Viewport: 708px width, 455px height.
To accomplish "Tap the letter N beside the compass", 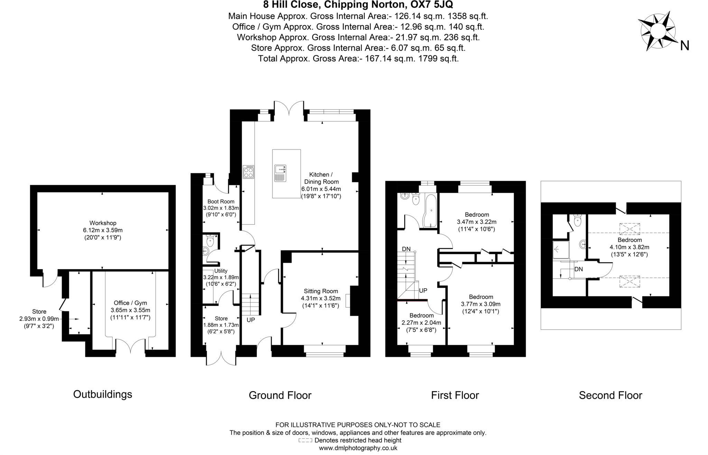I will (x=684, y=46).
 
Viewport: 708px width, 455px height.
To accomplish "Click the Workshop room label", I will (x=103, y=223).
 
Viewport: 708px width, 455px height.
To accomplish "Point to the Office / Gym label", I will (x=130, y=303).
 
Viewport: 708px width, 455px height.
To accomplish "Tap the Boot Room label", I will (x=221, y=201).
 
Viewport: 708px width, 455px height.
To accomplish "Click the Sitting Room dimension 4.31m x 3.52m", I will (x=320, y=298).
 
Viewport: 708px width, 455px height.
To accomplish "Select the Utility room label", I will (x=221, y=271).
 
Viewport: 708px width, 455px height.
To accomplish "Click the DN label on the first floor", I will (x=406, y=249).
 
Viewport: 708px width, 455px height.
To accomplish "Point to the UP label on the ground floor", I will (x=251, y=320).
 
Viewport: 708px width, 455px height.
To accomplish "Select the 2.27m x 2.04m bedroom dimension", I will (x=421, y=323).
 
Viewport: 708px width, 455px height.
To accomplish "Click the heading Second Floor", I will (x=610, y=395).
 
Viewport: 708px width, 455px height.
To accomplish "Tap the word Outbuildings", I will (x=103, y=394).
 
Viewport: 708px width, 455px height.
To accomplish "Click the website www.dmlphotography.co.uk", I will (x=358, y=448).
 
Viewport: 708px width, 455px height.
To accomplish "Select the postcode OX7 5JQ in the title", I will (x=432, y=5).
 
